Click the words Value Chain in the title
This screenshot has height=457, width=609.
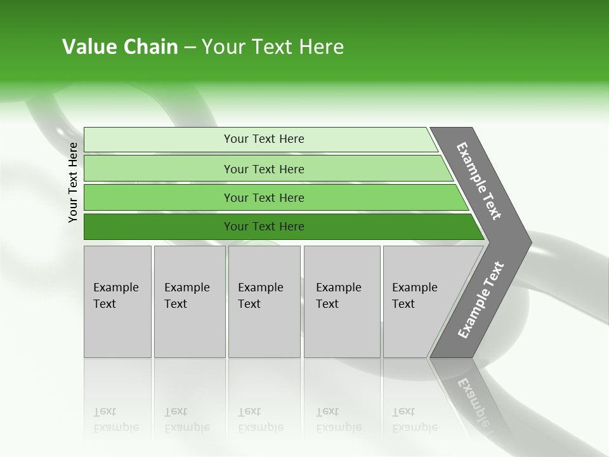[x=120, y=47]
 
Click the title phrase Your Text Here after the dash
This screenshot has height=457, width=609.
[x=273, y=47]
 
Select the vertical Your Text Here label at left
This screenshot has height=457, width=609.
[x=74, y=182]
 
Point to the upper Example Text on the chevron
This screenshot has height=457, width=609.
[x=479, y=181]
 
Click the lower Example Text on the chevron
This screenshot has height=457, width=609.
[x=480, y=300]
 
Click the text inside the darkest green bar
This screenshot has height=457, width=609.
[x=264, y=227]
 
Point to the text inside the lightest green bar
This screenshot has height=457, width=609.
[x=264, y=139]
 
